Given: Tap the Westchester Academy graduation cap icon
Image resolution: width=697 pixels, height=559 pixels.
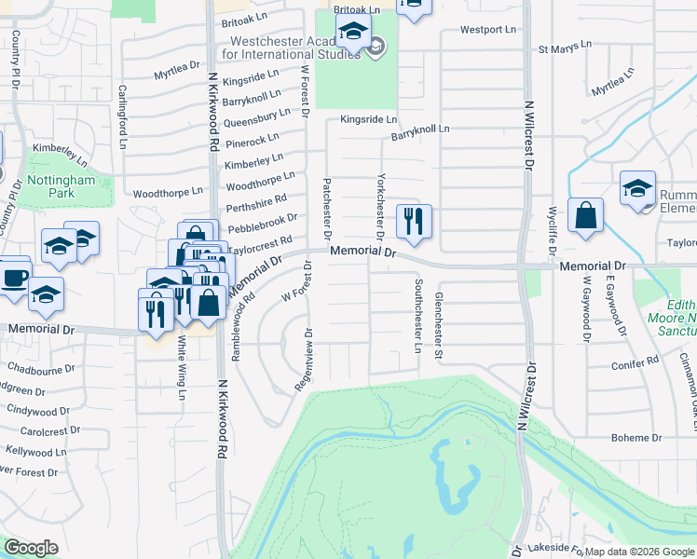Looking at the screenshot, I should [353, 33].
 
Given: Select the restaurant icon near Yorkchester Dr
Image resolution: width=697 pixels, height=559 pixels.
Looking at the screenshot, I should [412, 222].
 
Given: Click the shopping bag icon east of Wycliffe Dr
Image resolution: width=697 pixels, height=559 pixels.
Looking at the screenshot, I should [586, 216].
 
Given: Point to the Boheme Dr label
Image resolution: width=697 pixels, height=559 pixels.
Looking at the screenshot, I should [636, 437].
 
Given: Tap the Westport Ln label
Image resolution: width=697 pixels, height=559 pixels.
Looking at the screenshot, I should [488, 30].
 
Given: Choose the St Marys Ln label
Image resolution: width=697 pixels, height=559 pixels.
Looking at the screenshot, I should [565, 45].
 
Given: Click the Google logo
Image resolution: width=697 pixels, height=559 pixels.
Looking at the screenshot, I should [31, 548].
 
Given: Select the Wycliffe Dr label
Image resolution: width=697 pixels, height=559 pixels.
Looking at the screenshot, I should [553, 232].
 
